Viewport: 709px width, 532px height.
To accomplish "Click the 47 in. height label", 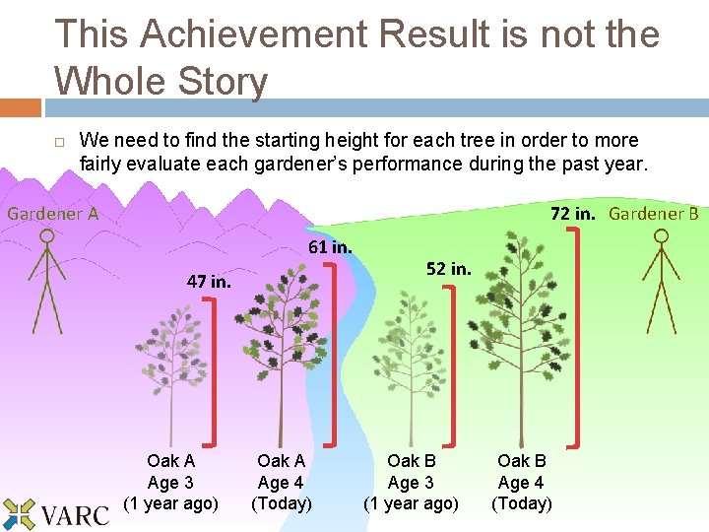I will point(209,281).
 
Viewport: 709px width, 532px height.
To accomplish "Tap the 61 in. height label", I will point(330,246).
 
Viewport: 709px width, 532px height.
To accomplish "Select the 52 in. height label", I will point(448,268).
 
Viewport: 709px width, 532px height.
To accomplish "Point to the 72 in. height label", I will point(573,214).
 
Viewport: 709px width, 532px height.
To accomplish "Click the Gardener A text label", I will point(53,213).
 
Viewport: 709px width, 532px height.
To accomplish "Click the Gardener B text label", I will point(653,214).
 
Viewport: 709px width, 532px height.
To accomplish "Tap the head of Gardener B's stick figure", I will point(662,236).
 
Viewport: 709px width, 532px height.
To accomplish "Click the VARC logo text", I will point(77,513).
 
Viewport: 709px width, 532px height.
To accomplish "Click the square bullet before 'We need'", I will point(59,141).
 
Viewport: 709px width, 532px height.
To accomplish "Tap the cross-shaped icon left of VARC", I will point(18,514).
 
